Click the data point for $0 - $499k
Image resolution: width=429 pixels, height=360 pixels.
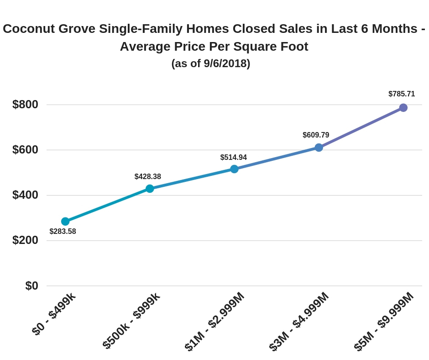(x=65, y=222)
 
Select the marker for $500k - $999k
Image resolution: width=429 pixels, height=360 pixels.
(x=150, y=189)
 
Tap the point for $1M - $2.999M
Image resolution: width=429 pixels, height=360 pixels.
(x=234, y=169)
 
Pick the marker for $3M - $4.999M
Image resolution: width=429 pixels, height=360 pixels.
(x=319, y=148)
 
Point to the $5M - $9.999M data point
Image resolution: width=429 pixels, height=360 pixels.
(x=403, y=108)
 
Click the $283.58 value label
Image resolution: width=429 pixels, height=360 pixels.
(x=63, y=232)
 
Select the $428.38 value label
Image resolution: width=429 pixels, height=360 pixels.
(x=147, y=177)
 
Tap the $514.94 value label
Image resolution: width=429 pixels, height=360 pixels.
(x=233, y=158)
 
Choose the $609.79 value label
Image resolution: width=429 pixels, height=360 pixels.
(x=316, y=135)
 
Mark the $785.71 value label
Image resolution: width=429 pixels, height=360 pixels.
(x=402, y=94)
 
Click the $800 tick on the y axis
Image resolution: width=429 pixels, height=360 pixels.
(x=25, y=105)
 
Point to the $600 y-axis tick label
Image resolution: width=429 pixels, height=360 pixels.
(x=25, y=150)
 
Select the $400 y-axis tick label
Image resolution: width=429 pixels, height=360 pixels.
(x=25, y=195)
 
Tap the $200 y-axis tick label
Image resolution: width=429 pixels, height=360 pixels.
(x=25, y=240)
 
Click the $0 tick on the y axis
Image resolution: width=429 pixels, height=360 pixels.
(x=31, y=286)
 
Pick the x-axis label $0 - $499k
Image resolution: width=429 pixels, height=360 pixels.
(x=54, y=314)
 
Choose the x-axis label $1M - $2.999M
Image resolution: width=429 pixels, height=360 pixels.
(x=214, y=321)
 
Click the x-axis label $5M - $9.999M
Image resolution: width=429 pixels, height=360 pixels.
(x=384, y=321)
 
